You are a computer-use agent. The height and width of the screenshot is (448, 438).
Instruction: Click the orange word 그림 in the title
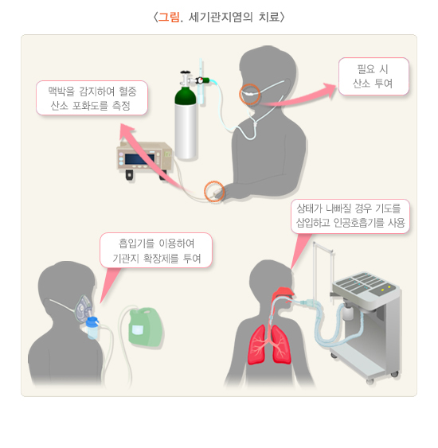tap(169, 18)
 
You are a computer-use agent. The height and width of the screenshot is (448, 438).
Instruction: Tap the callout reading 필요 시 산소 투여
tap(373, 76)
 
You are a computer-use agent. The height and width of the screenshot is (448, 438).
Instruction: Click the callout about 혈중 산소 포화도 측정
tap(92, 98)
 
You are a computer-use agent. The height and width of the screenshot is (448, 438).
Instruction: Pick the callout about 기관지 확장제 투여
tap(156, 251)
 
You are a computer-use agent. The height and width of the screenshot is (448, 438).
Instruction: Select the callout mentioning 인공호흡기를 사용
tap(350, 216)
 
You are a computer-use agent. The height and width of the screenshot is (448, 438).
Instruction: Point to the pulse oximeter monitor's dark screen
tap(139, 159)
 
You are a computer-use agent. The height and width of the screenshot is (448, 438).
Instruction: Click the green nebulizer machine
tap(146, 326)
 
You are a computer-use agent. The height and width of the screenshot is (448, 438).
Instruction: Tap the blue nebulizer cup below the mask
tap(92, 327)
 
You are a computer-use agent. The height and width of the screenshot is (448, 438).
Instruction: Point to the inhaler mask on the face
tap(83, 309)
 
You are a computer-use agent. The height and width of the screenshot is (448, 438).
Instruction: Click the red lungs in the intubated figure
tap(269, 345)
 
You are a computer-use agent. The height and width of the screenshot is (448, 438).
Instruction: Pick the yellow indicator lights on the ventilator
tap(385, 289)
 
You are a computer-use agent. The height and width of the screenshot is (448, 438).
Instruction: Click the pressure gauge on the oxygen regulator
tap(201, 81)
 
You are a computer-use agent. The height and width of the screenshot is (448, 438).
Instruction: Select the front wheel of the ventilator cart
tap(370, 381)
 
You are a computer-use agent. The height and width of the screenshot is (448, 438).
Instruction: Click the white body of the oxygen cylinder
tap(186, 131)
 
